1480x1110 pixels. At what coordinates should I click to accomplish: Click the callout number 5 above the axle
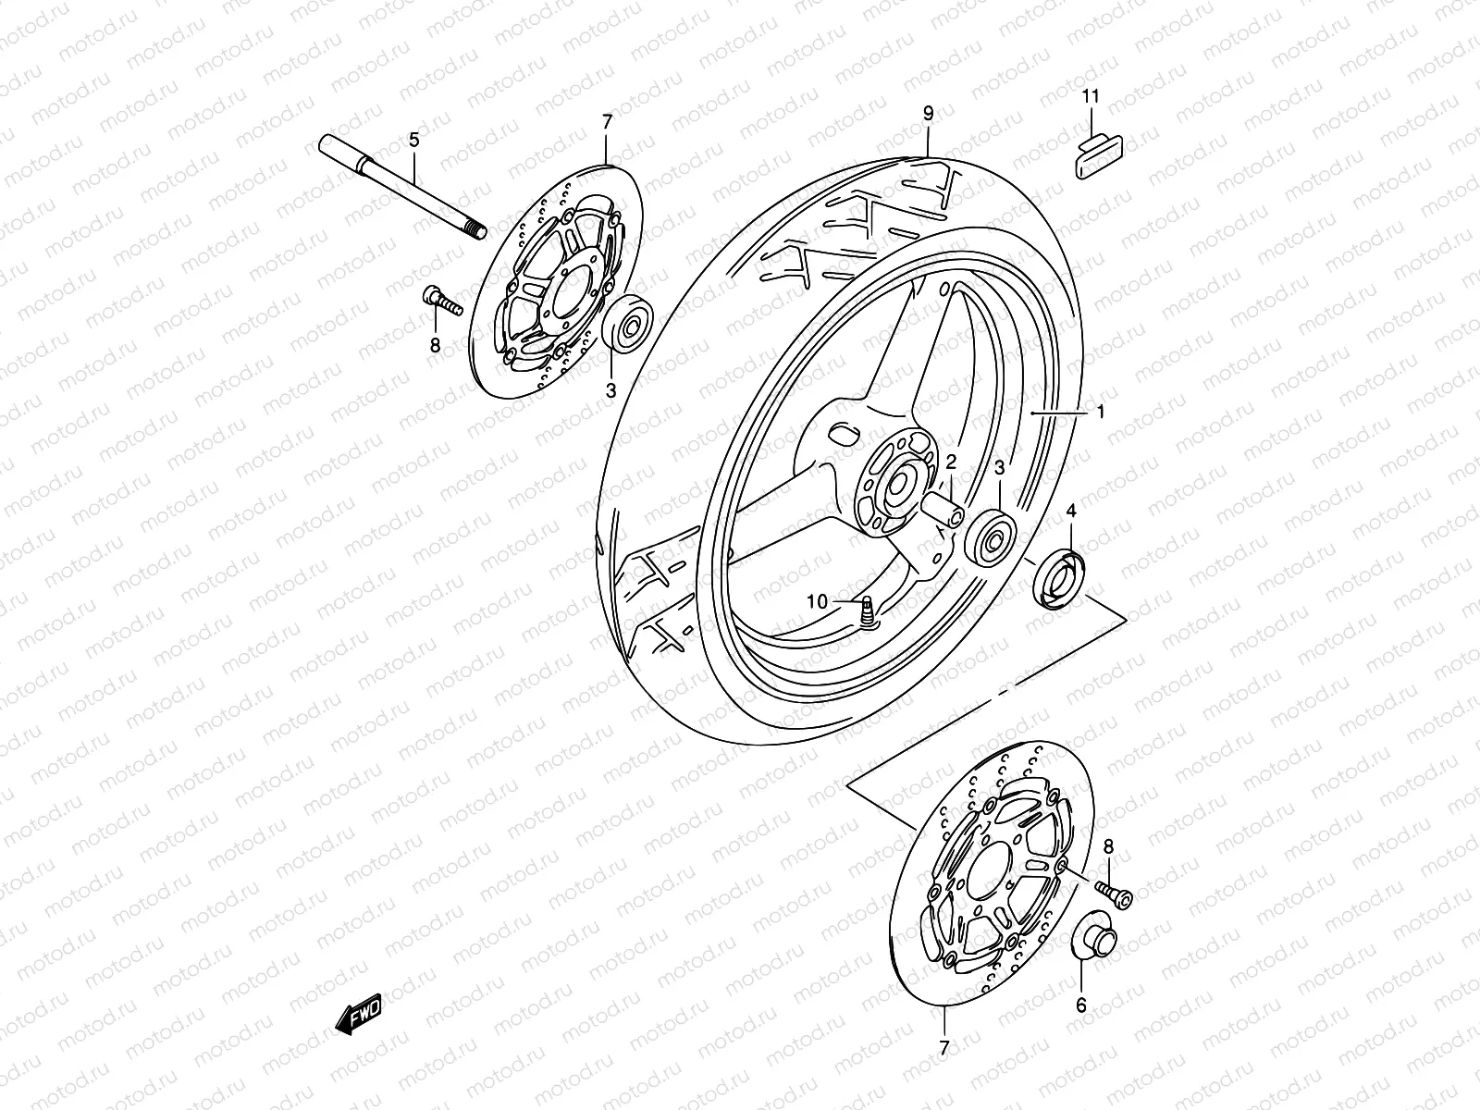point(414,140)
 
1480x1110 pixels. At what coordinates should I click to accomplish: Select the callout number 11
point(1091,96)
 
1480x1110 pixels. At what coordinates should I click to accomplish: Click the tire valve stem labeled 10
point(868,613)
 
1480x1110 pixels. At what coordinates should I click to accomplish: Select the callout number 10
point(816,601)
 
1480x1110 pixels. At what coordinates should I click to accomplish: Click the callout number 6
point(1081,1005)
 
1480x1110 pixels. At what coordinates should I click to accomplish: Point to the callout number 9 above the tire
point(928,113)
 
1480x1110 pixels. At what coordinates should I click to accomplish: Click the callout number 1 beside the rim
point(1101,413)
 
